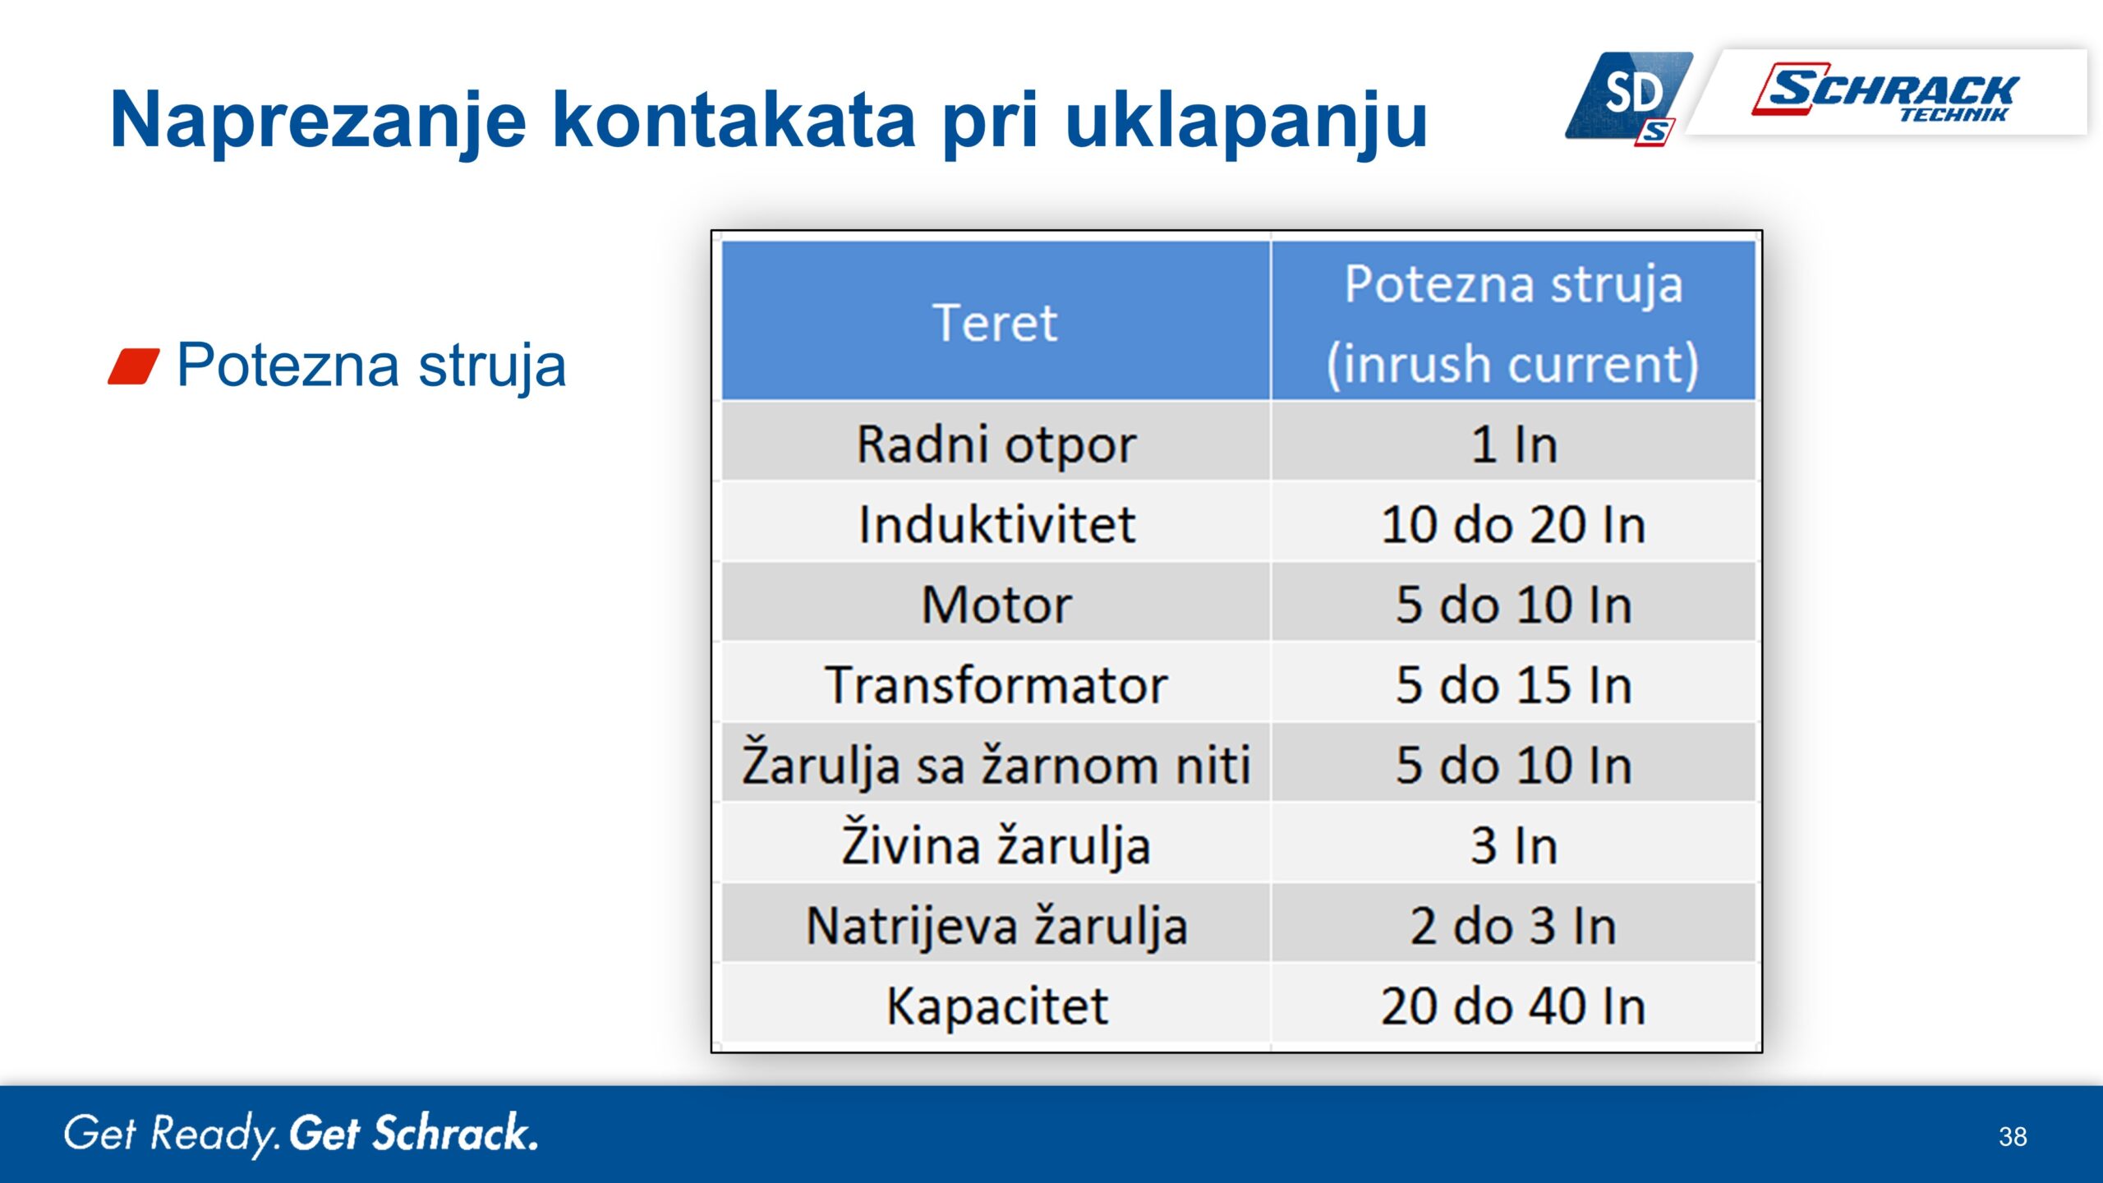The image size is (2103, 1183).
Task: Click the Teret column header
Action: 995,323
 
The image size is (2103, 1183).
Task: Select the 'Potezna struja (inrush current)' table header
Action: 1513,324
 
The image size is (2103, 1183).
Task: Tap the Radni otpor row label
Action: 996,445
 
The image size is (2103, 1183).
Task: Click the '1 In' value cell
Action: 1513,445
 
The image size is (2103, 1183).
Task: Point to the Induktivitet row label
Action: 996,524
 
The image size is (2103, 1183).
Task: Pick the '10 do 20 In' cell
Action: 1513,524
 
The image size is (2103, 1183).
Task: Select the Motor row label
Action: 996,605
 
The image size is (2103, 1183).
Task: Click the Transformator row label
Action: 996,685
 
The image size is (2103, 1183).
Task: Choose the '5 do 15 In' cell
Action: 1513,685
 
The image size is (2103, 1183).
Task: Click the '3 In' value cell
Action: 1513,845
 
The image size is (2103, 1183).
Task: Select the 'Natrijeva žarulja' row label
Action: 996,924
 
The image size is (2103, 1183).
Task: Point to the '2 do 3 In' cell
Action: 1513,926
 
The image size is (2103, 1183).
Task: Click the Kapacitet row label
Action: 996,1007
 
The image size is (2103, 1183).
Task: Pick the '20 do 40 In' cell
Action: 1513,1006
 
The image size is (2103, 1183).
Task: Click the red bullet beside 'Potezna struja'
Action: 134,366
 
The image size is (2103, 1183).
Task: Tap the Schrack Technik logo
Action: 1885,91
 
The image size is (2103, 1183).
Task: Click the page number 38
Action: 2013,1136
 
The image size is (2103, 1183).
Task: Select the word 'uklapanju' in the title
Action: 1245,122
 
